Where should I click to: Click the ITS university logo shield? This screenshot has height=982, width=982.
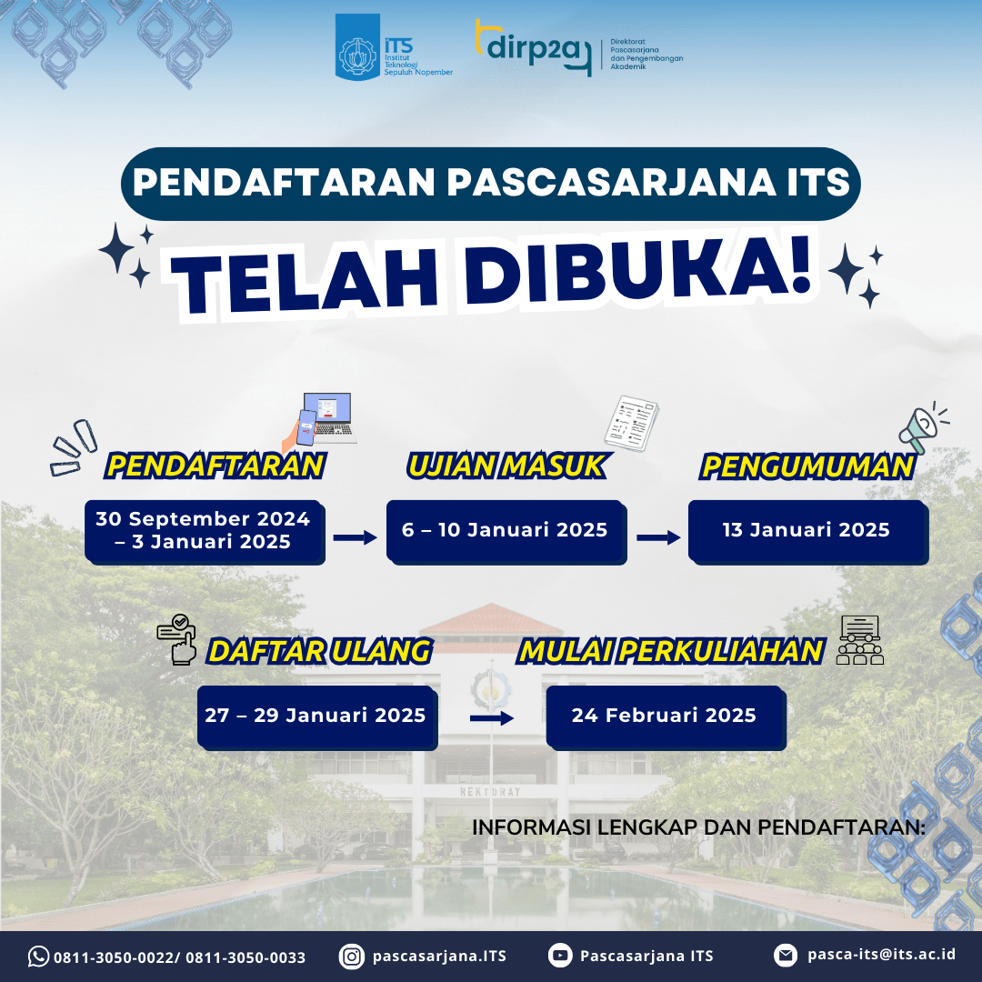357,47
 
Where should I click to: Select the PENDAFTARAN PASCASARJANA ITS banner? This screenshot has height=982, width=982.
491,184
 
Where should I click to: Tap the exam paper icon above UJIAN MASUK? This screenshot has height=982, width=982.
631,423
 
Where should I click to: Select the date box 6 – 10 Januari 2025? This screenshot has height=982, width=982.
506,532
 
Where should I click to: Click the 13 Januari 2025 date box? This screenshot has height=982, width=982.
808,532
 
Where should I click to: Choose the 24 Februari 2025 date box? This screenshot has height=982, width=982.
666,717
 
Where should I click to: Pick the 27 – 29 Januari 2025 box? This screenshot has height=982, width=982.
317,717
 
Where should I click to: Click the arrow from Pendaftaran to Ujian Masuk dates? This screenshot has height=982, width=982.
356,537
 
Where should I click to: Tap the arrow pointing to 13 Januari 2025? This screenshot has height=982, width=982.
658,537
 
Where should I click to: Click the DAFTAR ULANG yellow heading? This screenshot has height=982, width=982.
320,651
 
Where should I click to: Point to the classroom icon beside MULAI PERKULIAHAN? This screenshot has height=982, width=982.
860,639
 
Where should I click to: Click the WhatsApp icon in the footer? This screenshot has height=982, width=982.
38,957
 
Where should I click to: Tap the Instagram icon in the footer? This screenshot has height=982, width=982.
352,957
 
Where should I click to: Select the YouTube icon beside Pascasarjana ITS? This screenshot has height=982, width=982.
560,956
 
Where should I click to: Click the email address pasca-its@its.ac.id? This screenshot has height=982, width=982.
881,954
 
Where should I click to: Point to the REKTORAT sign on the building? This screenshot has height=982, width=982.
490,792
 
